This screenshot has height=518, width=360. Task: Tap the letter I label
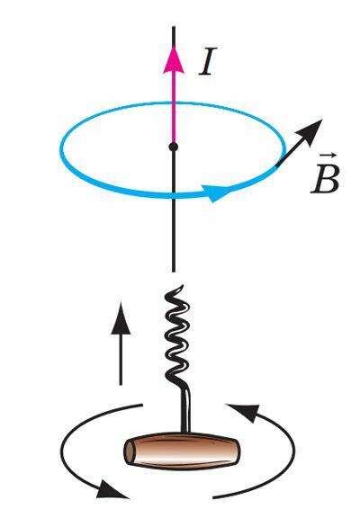[208, 62]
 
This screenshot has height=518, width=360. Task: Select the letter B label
[325, 180]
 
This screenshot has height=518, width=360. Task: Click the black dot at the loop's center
[174, 147]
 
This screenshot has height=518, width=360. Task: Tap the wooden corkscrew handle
[182, 451]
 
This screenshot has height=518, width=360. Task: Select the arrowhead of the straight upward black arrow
[121, 318]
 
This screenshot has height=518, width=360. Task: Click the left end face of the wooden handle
[130, 451]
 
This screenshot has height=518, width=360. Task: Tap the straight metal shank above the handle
[185, 410]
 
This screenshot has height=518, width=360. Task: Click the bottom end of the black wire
[174, 272]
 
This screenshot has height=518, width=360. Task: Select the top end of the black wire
[174, 27]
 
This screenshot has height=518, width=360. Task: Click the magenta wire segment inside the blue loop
[174, 122]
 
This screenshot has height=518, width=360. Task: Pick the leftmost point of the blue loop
[61, 148]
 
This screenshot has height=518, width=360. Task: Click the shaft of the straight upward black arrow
[121, 360]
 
